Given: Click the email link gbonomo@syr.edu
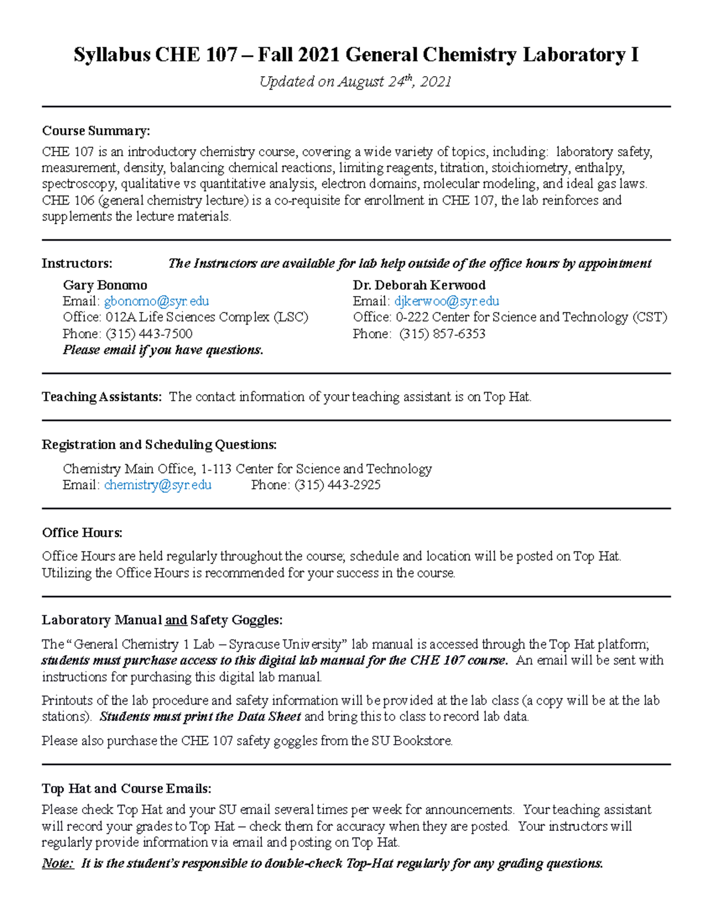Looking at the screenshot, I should pos(156,301).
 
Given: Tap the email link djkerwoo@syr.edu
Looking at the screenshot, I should pos(446,301).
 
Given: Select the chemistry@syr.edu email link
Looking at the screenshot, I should pos(157,485).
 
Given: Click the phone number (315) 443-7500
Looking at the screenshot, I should pos(149,334).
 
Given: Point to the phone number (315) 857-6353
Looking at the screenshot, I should pos(442,334).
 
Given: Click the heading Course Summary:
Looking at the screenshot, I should pos(96,131).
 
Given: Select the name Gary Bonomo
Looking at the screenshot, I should pos(105,285).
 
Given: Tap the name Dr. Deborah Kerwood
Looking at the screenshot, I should pos(419,285).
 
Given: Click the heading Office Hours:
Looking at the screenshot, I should pos(82,533).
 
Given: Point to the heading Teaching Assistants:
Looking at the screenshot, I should pos(102,397).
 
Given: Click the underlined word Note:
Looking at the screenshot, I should pos(58,864).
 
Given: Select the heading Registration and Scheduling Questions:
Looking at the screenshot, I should pos(159,445).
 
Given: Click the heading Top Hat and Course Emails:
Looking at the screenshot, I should pos(126,789).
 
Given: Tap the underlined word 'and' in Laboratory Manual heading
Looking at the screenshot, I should pos(176,620).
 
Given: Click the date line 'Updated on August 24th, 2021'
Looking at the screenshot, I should pos(355,82).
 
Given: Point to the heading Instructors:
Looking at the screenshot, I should pos(77,263).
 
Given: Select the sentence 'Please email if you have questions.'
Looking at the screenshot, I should pos(163,350).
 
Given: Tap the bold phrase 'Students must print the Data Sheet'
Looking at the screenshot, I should pos(200,717).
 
